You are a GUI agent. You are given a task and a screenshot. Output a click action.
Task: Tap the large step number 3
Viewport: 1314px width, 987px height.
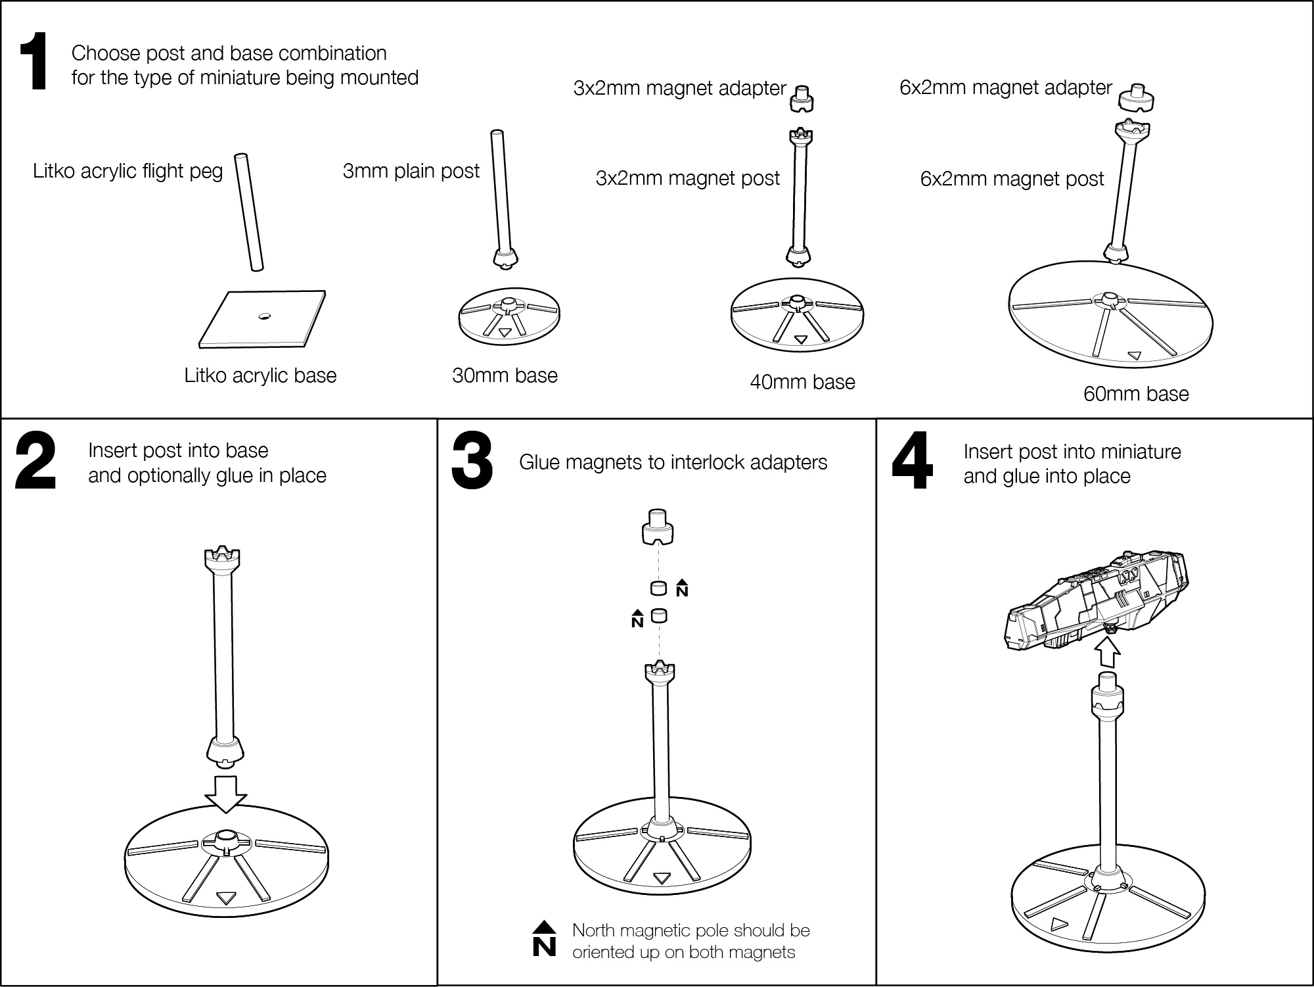pos(472,461)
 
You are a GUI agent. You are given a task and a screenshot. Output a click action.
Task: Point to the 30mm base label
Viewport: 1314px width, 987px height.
pos(505,375)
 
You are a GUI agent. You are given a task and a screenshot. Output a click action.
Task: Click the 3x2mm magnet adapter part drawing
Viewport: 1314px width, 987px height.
pos(801,99)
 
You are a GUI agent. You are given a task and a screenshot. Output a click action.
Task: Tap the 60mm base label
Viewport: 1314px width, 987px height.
pos(1136,394)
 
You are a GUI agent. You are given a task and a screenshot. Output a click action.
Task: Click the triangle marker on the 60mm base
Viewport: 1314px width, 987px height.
pos(1134,356)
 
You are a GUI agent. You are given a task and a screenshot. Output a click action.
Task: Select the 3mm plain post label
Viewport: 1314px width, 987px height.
pos(411,171)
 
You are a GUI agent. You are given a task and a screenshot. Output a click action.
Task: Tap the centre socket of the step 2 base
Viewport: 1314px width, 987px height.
pos(225,839)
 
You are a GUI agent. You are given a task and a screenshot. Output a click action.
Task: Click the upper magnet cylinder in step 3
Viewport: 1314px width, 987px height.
pos(658,588)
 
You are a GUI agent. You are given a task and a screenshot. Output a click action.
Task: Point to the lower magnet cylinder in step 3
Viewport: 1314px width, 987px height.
pos(658,616)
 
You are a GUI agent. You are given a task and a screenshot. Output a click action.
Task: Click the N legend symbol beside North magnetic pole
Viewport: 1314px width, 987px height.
pos(544,940)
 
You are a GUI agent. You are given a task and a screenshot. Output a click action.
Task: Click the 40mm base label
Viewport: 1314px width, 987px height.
pos(802,382)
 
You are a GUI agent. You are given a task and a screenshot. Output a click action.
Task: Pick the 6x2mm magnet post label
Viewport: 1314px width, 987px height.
pos(1012,179)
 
